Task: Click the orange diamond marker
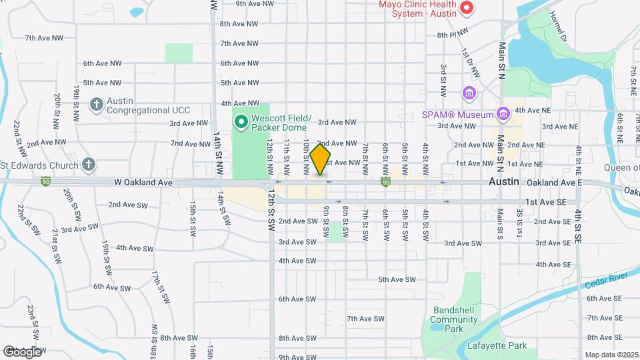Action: pyautogui.click(x=320, y=159)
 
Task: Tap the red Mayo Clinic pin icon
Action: pyautogui.click(x=467, y=9)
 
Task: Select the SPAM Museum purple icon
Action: pyautogui.click(x=503, y=115)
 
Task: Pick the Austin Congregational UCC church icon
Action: pyautogui.click(x=96, y=105)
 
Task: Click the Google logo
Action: pyautogui.click(x=22, y=351)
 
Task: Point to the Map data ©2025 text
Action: pyautogui.click(x=611, y=355)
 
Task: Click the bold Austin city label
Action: pyautogui.click(x=503, y=181)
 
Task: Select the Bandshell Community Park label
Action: pyautogui.click(x=455, y=319)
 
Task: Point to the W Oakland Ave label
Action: pyautogui.click(x=143, y=182)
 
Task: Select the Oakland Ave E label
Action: pyautogui.click(x=554, y=182)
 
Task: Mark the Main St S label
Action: pyautogui.click(x=499, y=224)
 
